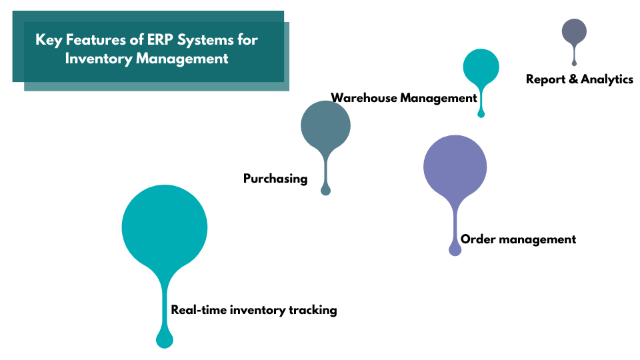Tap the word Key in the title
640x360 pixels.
coord(47,40)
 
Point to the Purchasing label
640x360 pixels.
coord(275,179)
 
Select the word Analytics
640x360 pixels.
coord(607,79)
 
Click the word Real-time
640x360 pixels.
coord(199,310)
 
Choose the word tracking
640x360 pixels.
coord(313,310)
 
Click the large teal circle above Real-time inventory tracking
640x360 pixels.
coord(165,227)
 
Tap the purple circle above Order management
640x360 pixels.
coord(455,167)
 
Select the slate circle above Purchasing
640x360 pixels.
coord(325,125)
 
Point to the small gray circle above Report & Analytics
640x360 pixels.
coord(574,31)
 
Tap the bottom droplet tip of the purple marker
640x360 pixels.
coord(455,250)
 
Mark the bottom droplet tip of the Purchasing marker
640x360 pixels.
coord(325,191)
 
